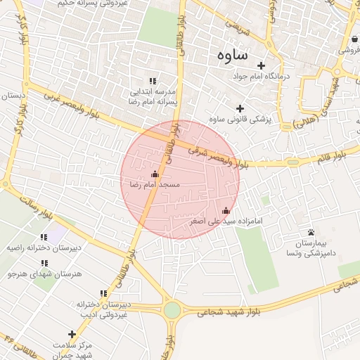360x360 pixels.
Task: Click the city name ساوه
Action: point(231,54)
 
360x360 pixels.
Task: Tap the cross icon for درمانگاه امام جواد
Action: point(261,65)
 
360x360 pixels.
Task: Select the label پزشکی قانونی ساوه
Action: point(240,119)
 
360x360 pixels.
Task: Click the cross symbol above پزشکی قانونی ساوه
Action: point(240,108)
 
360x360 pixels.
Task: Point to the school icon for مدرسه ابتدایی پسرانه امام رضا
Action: point(153,82)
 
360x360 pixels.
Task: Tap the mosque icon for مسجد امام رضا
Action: point(155,174)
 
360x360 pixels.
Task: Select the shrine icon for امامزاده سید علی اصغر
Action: point(226,210)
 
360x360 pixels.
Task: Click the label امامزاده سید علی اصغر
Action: point(226,221)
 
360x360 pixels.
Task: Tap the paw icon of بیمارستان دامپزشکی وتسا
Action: point(311,232)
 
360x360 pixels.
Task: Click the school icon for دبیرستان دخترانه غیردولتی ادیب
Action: point(104,294)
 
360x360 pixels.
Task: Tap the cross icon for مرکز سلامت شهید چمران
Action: point(71,334)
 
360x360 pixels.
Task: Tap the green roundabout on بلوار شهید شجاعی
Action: point(172,310)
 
